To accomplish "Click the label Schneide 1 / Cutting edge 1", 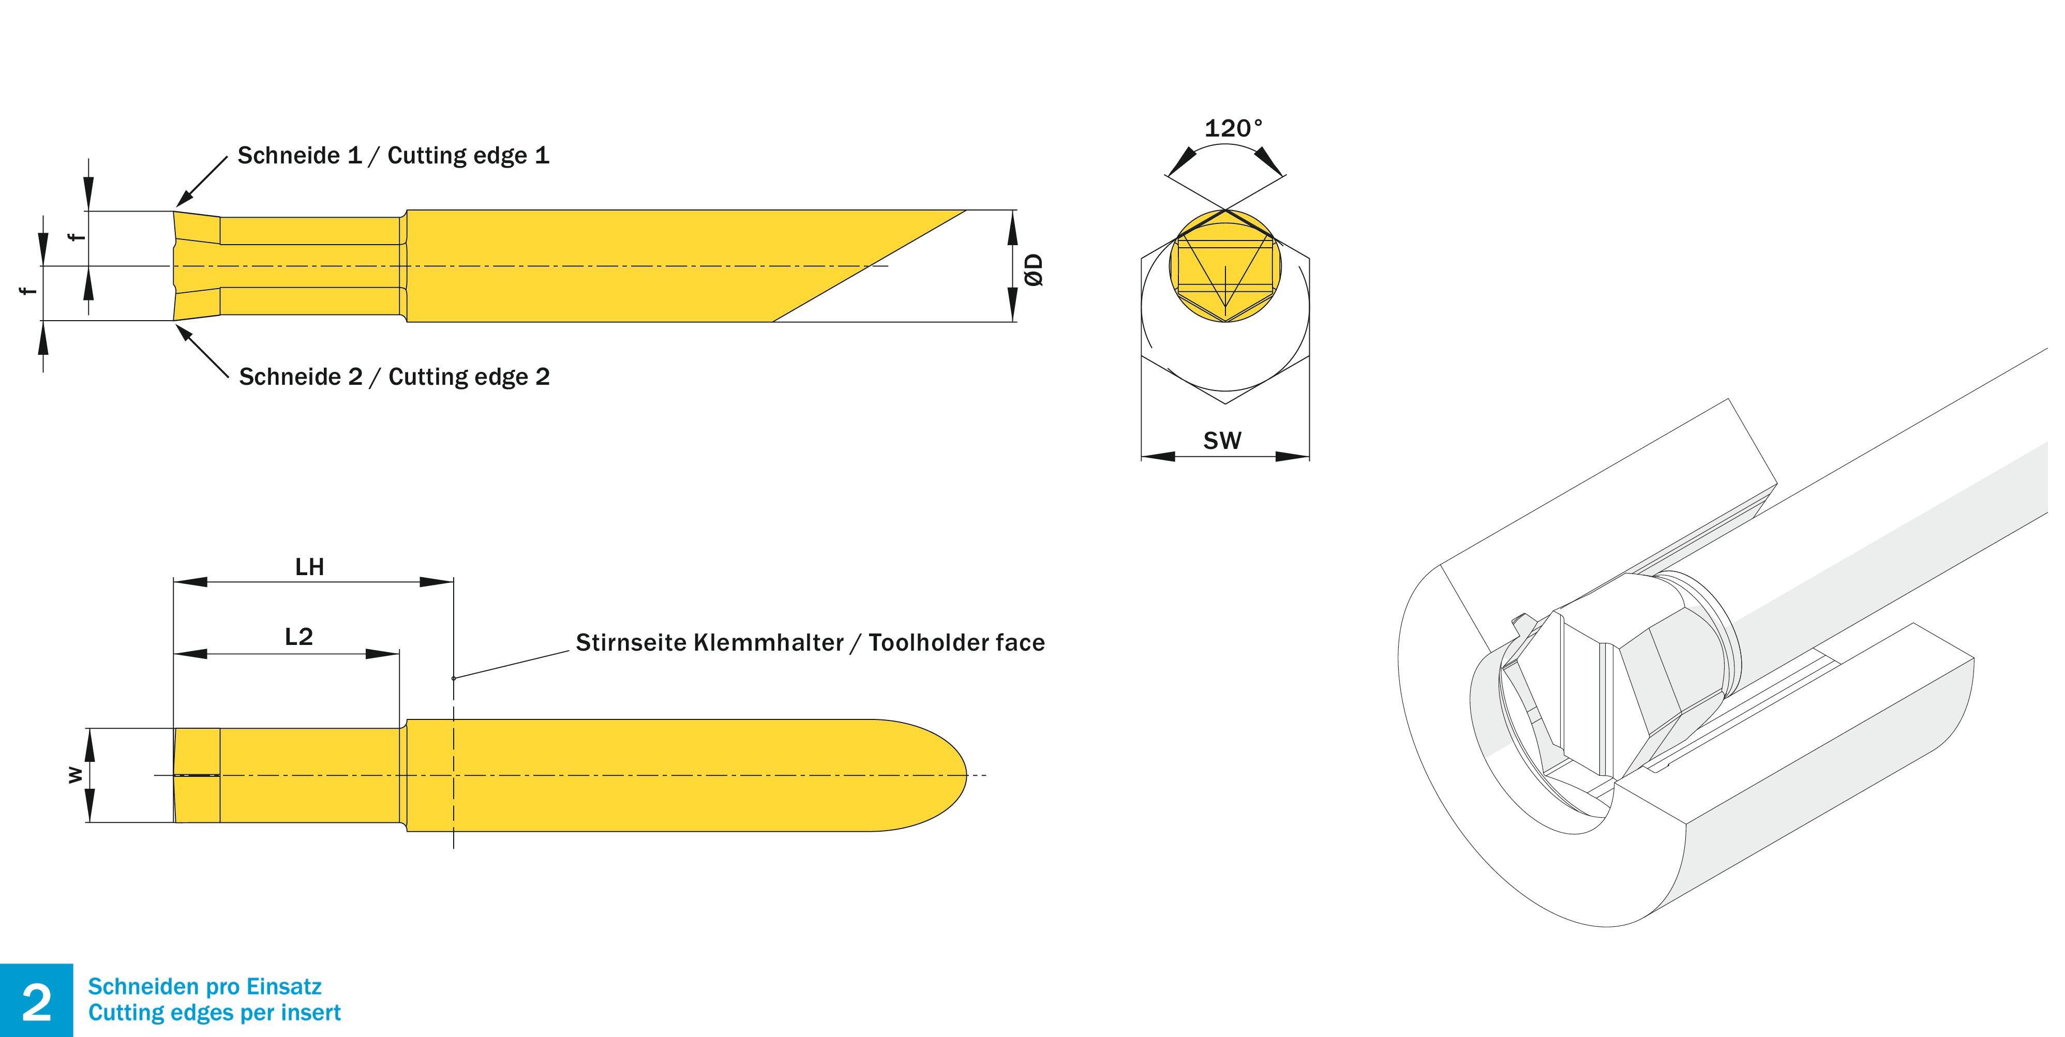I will (x=393, y=156).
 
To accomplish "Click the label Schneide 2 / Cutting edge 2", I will (x=394, y=377).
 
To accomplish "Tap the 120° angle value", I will (x=1232, y=128).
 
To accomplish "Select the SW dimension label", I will (x=1222, y=441).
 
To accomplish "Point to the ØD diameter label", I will (x=1034, y=269).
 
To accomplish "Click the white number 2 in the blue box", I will (x=36, y=1002).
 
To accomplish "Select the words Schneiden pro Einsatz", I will (x=204, y=986).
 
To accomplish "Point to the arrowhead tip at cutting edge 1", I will (x=178, y=205).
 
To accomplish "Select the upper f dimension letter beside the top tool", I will (x=76, y=237).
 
